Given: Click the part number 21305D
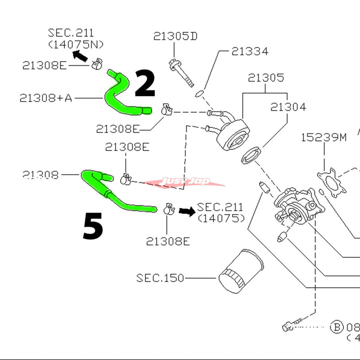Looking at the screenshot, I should tap(175, 36).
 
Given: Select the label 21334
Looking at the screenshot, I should tap(250, 51).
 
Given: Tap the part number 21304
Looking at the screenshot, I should tap(288, 107).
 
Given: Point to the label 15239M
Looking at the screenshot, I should tap(324, 137).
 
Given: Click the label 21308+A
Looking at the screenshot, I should tap(45, 98).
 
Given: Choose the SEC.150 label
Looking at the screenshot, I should tap(160, 278).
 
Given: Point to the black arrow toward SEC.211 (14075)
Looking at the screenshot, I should tap(185, 211).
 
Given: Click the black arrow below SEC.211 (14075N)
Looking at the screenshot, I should tap(81, 56).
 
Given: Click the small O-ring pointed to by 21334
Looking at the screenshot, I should tap(200, 93).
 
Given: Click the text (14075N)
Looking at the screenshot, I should tap(76, 44).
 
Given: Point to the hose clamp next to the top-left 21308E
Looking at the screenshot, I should tap(95, 65).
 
